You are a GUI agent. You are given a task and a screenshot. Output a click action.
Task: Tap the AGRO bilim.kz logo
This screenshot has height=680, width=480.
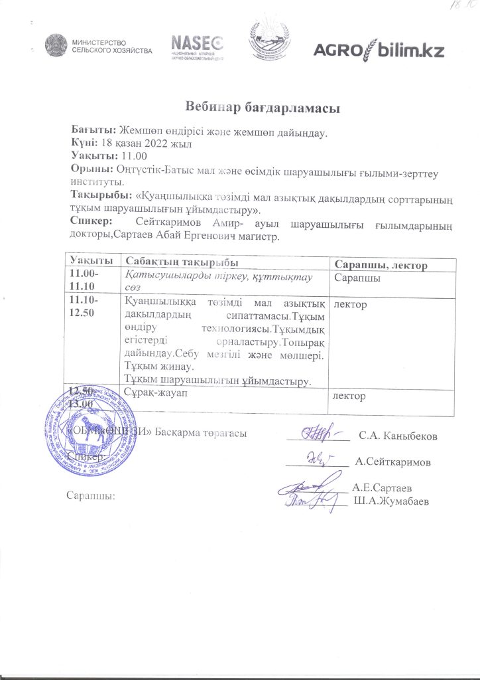tap(378, 50)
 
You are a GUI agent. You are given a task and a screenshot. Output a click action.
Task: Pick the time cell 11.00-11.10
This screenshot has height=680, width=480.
tap(82, 280)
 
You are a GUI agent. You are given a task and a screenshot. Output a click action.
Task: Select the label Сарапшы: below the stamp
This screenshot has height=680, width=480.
tap(91, 495)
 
